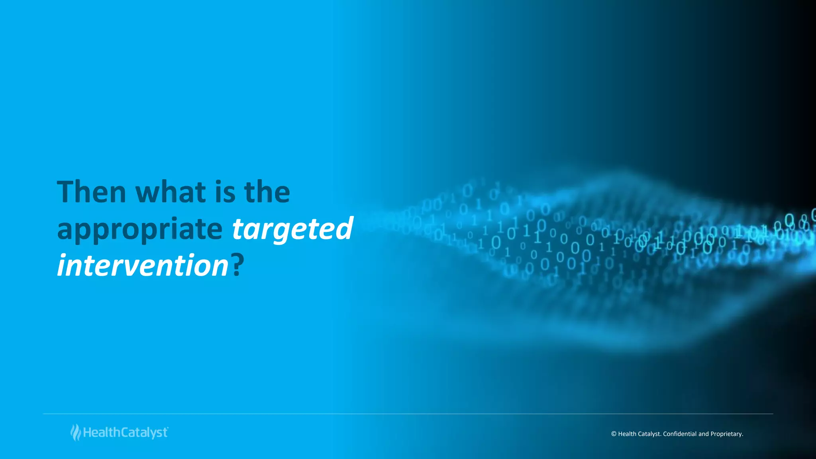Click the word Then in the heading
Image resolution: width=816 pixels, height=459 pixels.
92,192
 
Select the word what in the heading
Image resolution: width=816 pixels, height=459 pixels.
171,192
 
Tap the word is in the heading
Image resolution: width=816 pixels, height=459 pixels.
225,192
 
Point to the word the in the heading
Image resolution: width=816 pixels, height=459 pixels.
267,192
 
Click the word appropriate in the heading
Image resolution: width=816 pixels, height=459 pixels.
139,230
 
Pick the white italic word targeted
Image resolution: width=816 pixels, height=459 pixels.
292,229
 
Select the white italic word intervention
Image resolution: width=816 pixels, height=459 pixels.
143,266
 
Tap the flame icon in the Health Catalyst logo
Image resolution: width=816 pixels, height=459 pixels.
75,433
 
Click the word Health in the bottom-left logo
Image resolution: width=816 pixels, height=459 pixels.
102,433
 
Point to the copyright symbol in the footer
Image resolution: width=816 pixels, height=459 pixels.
614,434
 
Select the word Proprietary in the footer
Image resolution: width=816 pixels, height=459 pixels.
727,434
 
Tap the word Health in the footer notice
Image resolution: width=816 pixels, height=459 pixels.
627,434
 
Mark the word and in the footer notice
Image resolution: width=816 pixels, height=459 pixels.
704,434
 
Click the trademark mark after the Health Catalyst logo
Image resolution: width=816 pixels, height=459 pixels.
168,428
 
